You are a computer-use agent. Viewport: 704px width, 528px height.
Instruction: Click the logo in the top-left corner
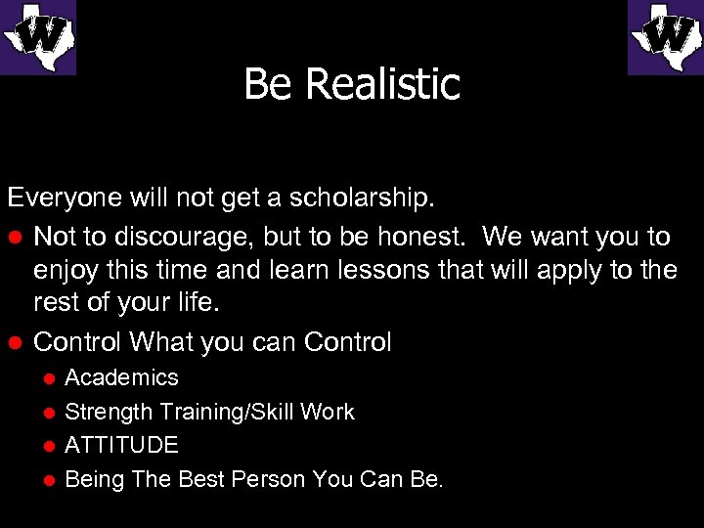(37, 37)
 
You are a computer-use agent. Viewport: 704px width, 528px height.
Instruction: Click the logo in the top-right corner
(666, 37)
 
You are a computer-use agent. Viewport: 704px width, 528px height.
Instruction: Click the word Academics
(121, 377)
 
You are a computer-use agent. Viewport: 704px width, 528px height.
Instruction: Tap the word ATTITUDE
(121, 446)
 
